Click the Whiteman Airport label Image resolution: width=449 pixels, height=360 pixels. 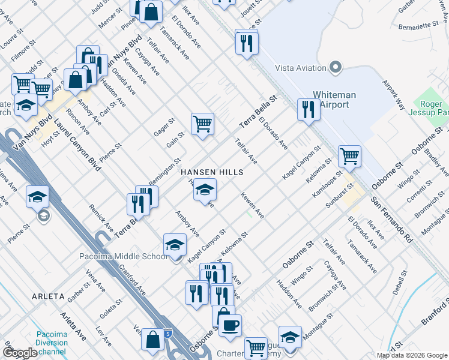(x=334, y=100)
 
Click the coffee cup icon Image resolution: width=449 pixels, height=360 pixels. (x=229, y=326)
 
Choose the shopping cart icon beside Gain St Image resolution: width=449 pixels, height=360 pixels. (x=203, y=124)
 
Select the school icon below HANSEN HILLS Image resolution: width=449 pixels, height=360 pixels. (x=205, y=190)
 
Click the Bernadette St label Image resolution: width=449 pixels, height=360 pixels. (x=418, y=26)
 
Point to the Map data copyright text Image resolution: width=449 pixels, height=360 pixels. (x=411, y=355)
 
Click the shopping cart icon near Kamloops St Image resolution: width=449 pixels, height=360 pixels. (x=349, y=157)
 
